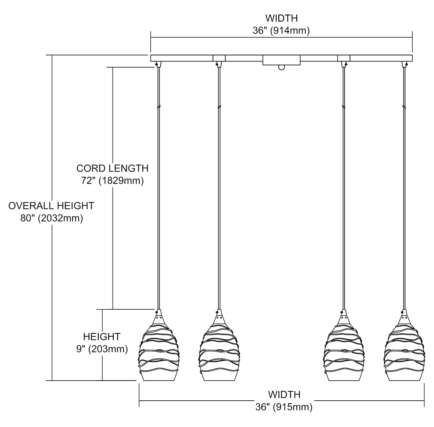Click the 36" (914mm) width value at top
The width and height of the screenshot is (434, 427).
click(x=281, y=30)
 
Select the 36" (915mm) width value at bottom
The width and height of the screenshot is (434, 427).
click(x=284, y=407)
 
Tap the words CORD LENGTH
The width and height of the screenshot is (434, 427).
click(x=112, y=168)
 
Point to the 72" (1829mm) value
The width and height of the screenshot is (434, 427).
click(x=112, y=181)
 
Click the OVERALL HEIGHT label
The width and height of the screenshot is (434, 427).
click(x=51, y=206)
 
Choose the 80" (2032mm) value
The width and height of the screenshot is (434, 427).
click(x=52, y=218)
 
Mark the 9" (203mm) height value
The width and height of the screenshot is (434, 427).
click(x=102, y=349)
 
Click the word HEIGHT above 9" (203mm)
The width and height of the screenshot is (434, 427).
click(x=102, y=337)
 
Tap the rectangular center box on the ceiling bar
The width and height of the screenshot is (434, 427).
click(x=281, y=60)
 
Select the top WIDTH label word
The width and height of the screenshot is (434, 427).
click(x=281, y=18)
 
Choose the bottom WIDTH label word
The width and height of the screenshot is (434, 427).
click(x=284, y=395)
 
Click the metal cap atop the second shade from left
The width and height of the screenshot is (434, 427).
click(x=219, y=317)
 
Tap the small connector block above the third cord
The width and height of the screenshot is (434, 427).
click(x=344, y=58)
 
